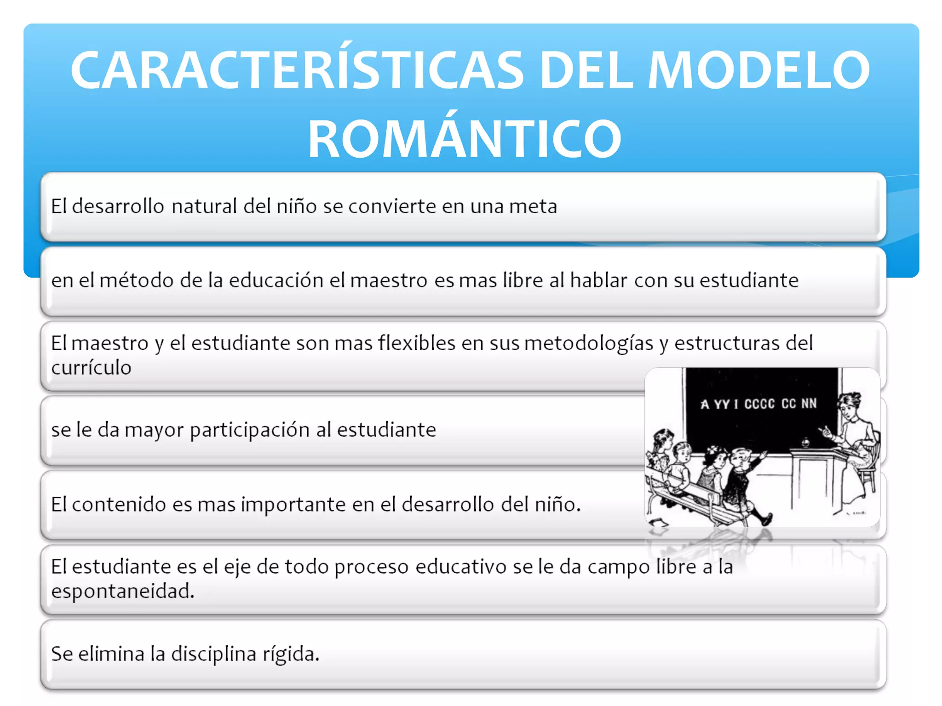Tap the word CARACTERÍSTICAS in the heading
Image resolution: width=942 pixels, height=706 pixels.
point(297,70)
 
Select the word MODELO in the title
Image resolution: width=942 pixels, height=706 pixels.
point(758,70)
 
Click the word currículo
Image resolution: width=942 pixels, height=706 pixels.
point(91,368)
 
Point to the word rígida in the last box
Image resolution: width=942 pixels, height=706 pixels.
point(291,654)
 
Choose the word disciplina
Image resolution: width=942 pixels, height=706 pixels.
point(213,654)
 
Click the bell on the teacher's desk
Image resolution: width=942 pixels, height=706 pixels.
point(805,443)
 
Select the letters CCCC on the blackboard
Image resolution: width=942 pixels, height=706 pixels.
point(759,404)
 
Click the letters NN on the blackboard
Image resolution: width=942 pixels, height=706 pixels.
point(809,403)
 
